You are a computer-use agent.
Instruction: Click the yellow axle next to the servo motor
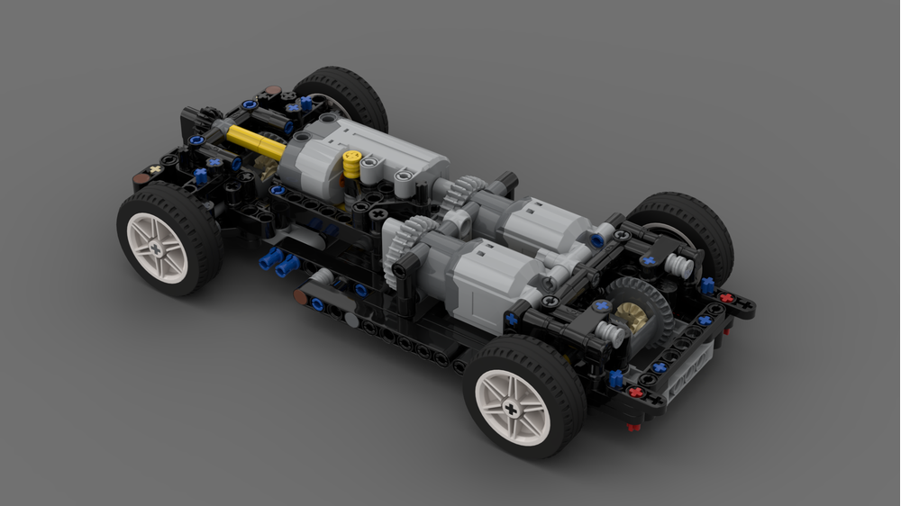pyautogui.click(x=254, y=141)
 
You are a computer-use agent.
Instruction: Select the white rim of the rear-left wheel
pyautogui.click(x=511, y=406)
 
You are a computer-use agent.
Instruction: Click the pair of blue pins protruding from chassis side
pyautogui.click(x=278, y=263)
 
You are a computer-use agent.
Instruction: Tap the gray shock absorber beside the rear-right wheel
pyautogui.click(x=679, y=266)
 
